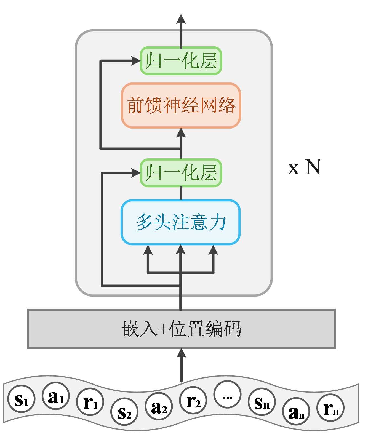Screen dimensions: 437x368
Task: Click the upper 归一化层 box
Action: [181, 61]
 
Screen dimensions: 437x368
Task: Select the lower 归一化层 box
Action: [181, 173]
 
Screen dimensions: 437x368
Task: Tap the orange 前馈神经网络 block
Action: [181, 105]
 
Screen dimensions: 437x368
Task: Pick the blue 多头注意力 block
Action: [181, 222]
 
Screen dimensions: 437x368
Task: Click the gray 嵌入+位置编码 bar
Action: [181, 329]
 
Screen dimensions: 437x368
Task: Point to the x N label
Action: [305, 167]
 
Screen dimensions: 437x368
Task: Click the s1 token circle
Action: [22, 399]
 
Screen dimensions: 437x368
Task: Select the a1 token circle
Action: [56, 396]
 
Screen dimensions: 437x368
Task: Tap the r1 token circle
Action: [90, 402]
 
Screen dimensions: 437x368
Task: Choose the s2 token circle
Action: [124, 411]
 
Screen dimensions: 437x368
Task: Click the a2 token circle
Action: [159, 406]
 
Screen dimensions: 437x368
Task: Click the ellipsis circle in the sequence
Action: [227, 395]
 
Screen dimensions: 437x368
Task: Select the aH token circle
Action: [296, 411]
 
